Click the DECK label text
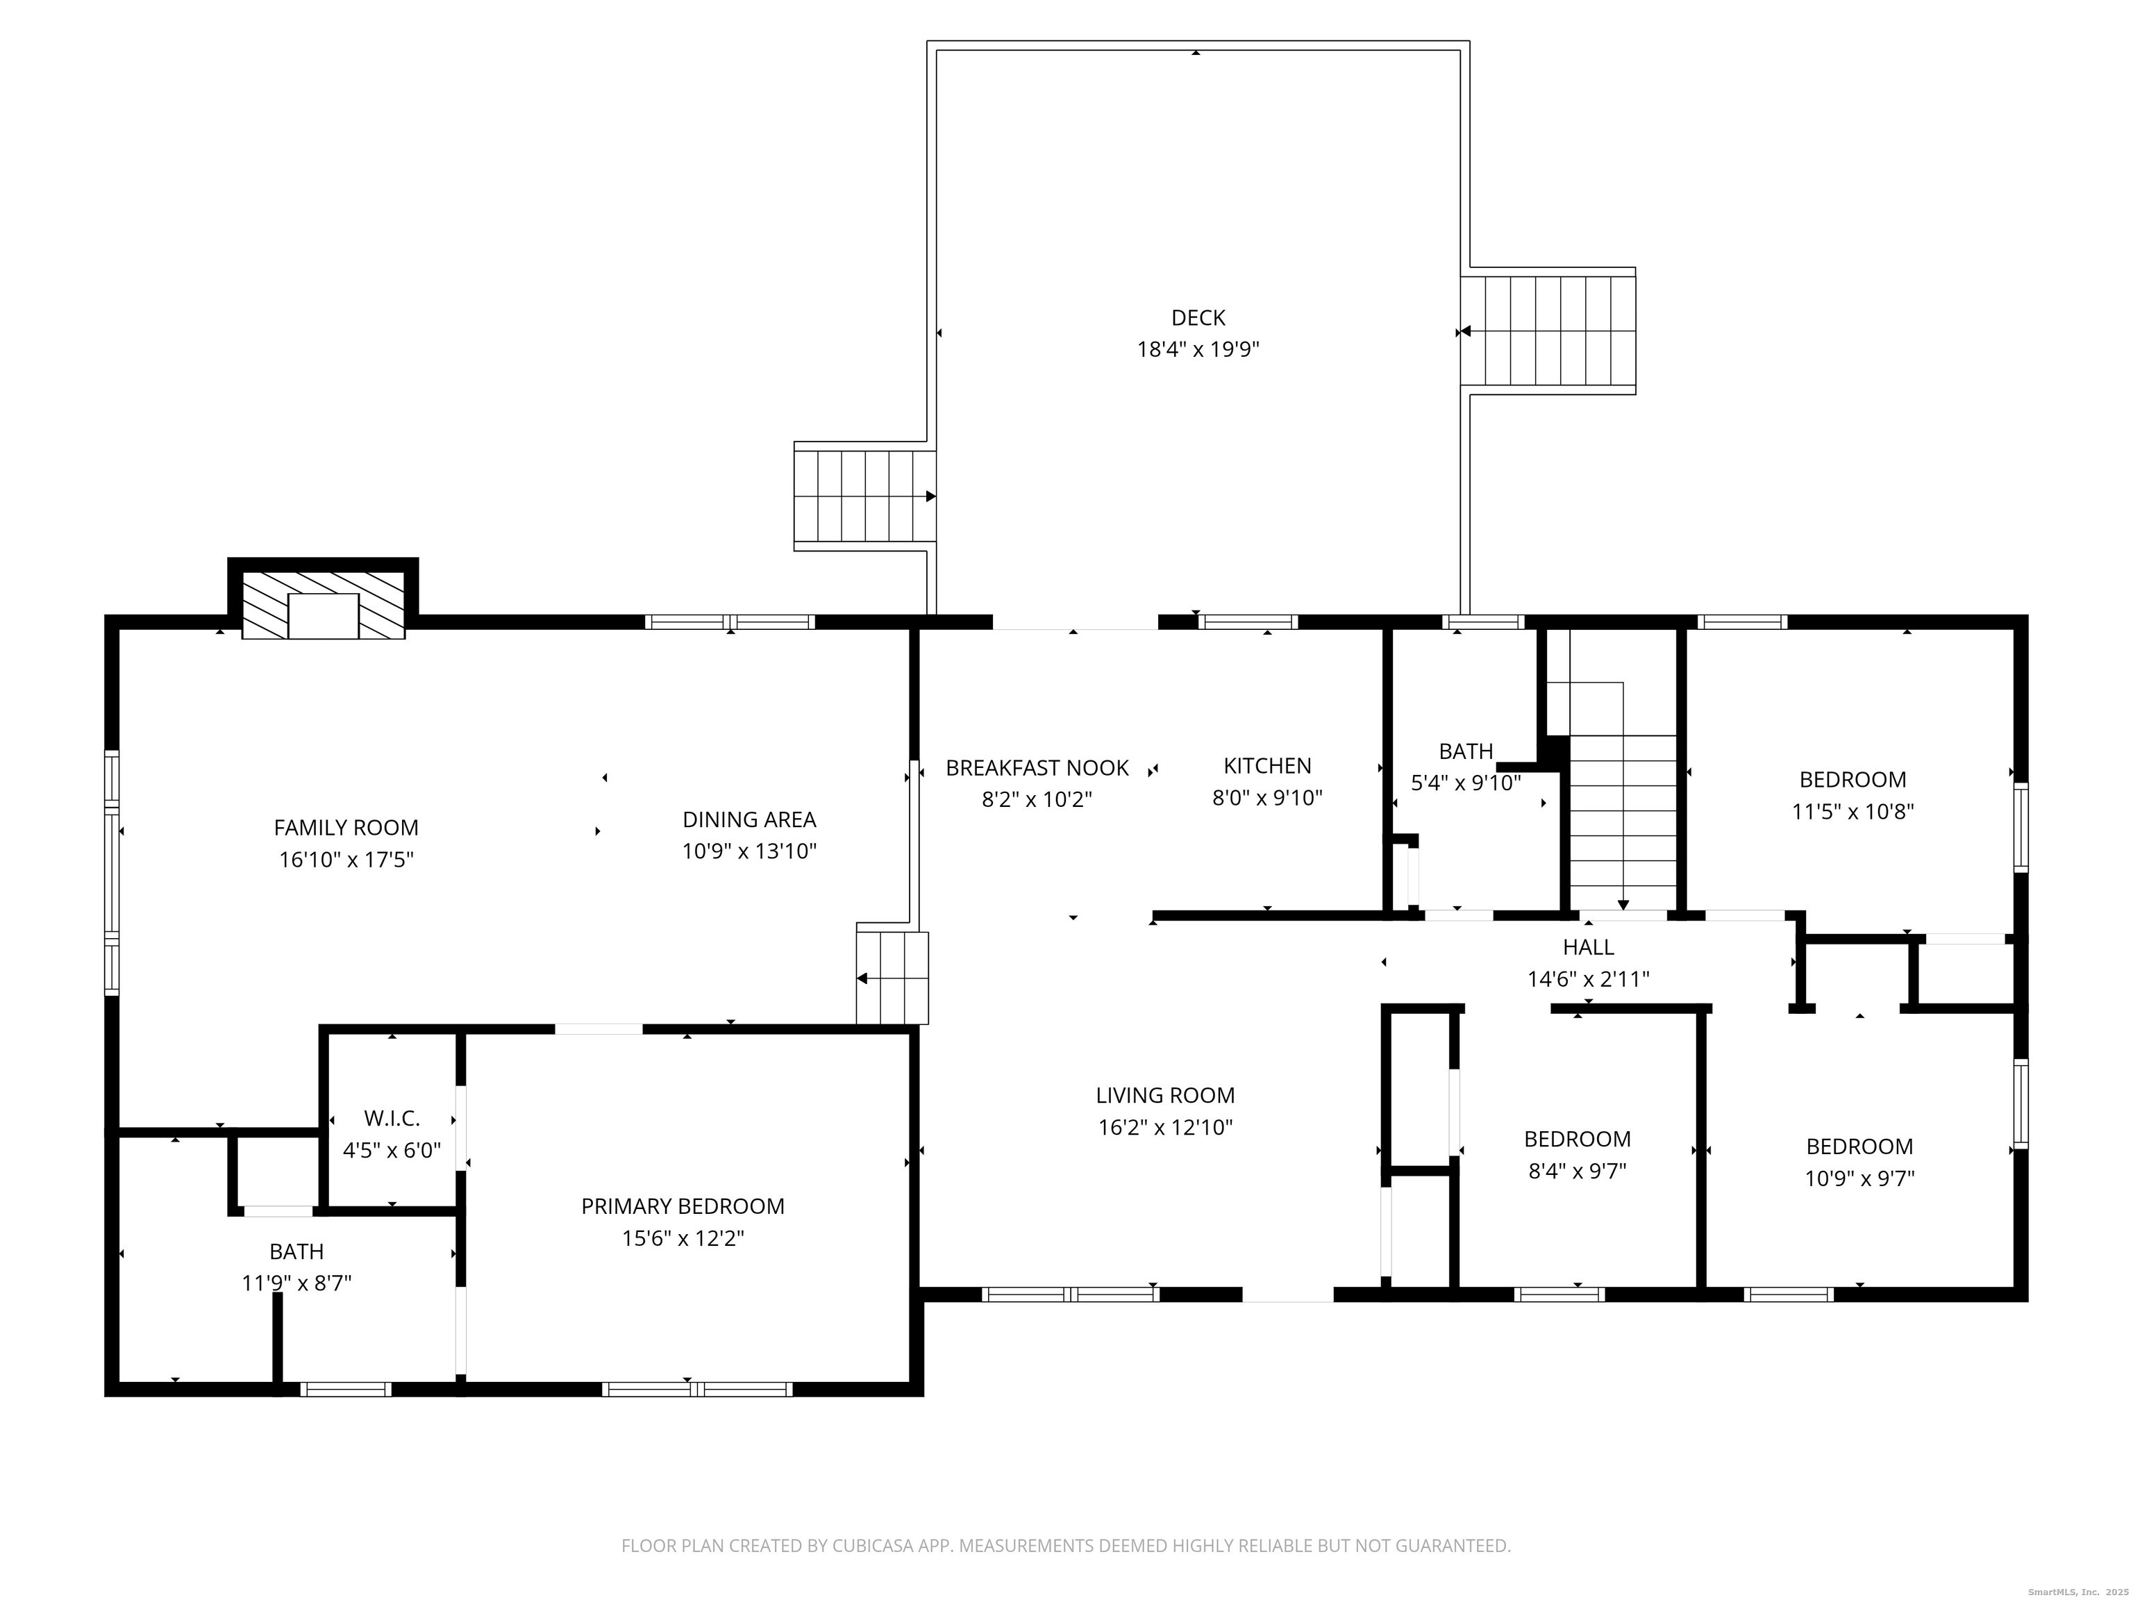pos(1198,317)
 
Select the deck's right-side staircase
pos(1548,331)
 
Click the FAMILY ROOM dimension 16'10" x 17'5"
pos(346,859)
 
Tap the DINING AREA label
pos(749,819)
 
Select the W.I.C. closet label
pos(392,1119)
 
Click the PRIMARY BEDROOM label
pos(683,1206)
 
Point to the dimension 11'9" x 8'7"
pos(296,1283)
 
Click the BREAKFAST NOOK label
pos(1037,767)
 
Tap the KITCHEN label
pos(1267,766)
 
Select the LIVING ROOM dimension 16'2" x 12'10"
pos(1165,1127)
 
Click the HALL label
pos(1588,947)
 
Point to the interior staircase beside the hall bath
pos(1623,819)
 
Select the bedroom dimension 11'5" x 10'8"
pos(1852,812)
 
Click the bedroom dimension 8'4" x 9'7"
pos(1577,1171)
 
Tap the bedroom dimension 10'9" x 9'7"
pos(1859,1178)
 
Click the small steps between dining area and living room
pos(893,977)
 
